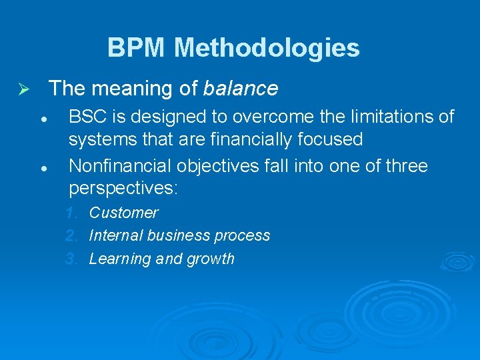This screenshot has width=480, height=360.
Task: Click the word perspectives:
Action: tap(123, 189)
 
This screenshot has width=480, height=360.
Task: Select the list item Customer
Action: tap(123, 213)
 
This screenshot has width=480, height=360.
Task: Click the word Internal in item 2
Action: tap(115, 236)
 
